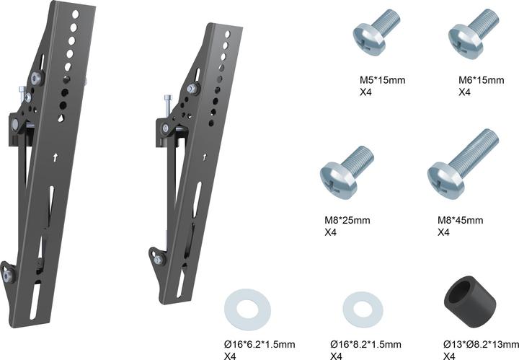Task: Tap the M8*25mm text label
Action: click(x=345, y=219)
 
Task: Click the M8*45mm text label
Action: click(x=460, y=219)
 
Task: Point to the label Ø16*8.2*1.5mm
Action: click(x=365, y=344)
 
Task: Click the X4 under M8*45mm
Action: click(x=444, y=232)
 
